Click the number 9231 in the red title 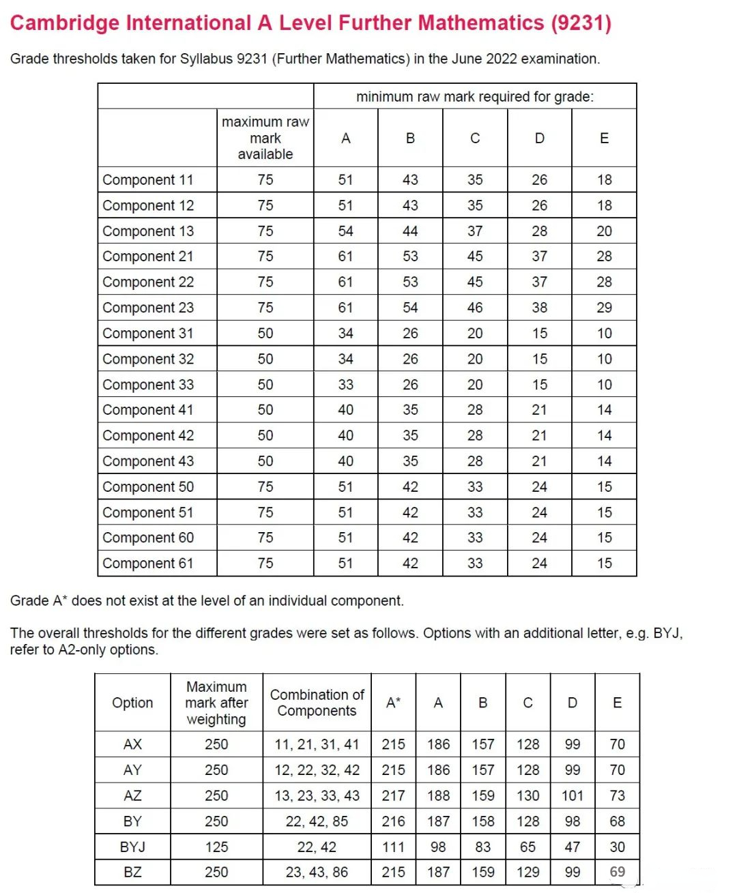click(x=581, y=23)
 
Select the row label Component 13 click(x=148, y=231)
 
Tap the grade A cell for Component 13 click(x=345, y=231)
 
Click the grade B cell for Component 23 click(x=410, y=308)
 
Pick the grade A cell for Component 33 click(x=345, y=385)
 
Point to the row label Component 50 click(x=148, y=487)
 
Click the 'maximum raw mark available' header click(x=265, y=138)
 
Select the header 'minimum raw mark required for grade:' click(x=475, y=97)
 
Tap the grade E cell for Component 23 click(x=604, y=308)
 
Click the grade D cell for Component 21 click(x=539, y=257)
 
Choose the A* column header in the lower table click(x=393, y=703)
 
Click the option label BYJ click(x=132, y=847)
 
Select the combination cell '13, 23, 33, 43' click(x=317, y=795)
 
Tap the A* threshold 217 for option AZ click(x=393, y=795)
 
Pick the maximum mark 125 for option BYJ click(x=216, y=847)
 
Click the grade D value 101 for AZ click(x=572, y=795)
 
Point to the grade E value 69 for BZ click(x=617, y=872)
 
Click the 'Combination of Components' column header click(x=317, y=703)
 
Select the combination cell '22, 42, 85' click(x=317, y=821)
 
